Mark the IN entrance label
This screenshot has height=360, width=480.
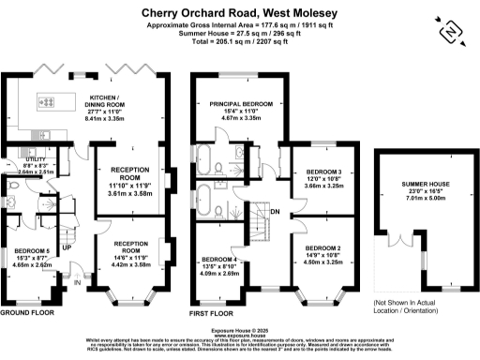coord(79,278)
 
